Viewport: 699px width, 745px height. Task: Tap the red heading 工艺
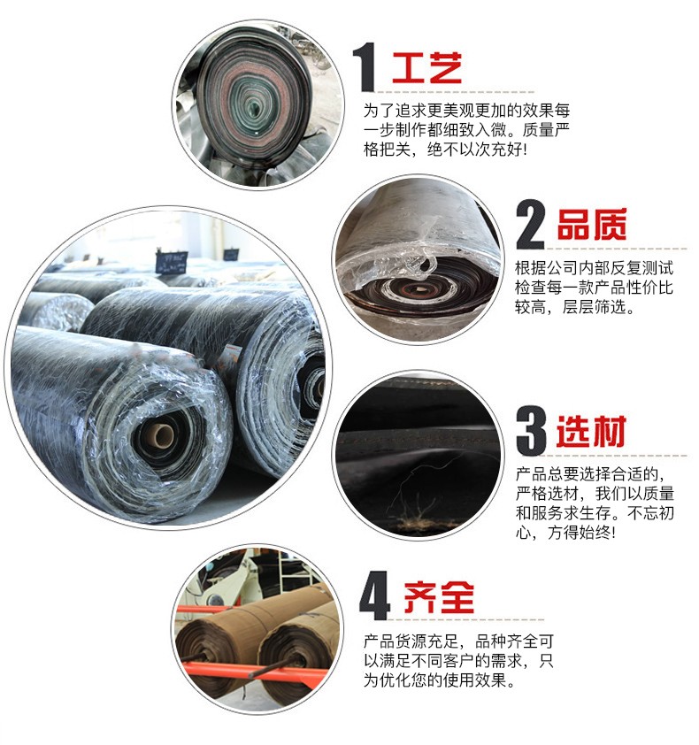[x=427, y=68]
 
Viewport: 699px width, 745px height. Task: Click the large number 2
[x=530, y=225]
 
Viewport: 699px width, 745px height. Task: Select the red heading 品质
[x=592, y=225]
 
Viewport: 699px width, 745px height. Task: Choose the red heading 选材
[x=592, y=432]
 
